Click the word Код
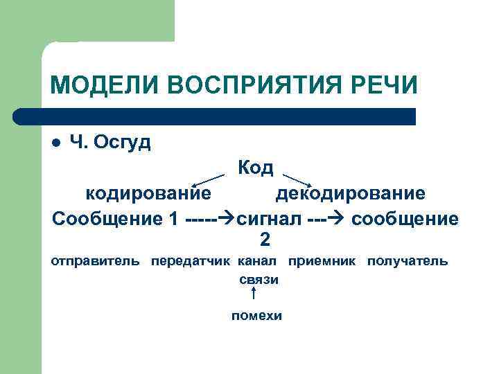256,168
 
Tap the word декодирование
351,193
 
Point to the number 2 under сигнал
265,240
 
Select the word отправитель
96,262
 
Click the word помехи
256,316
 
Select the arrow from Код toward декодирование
298,179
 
